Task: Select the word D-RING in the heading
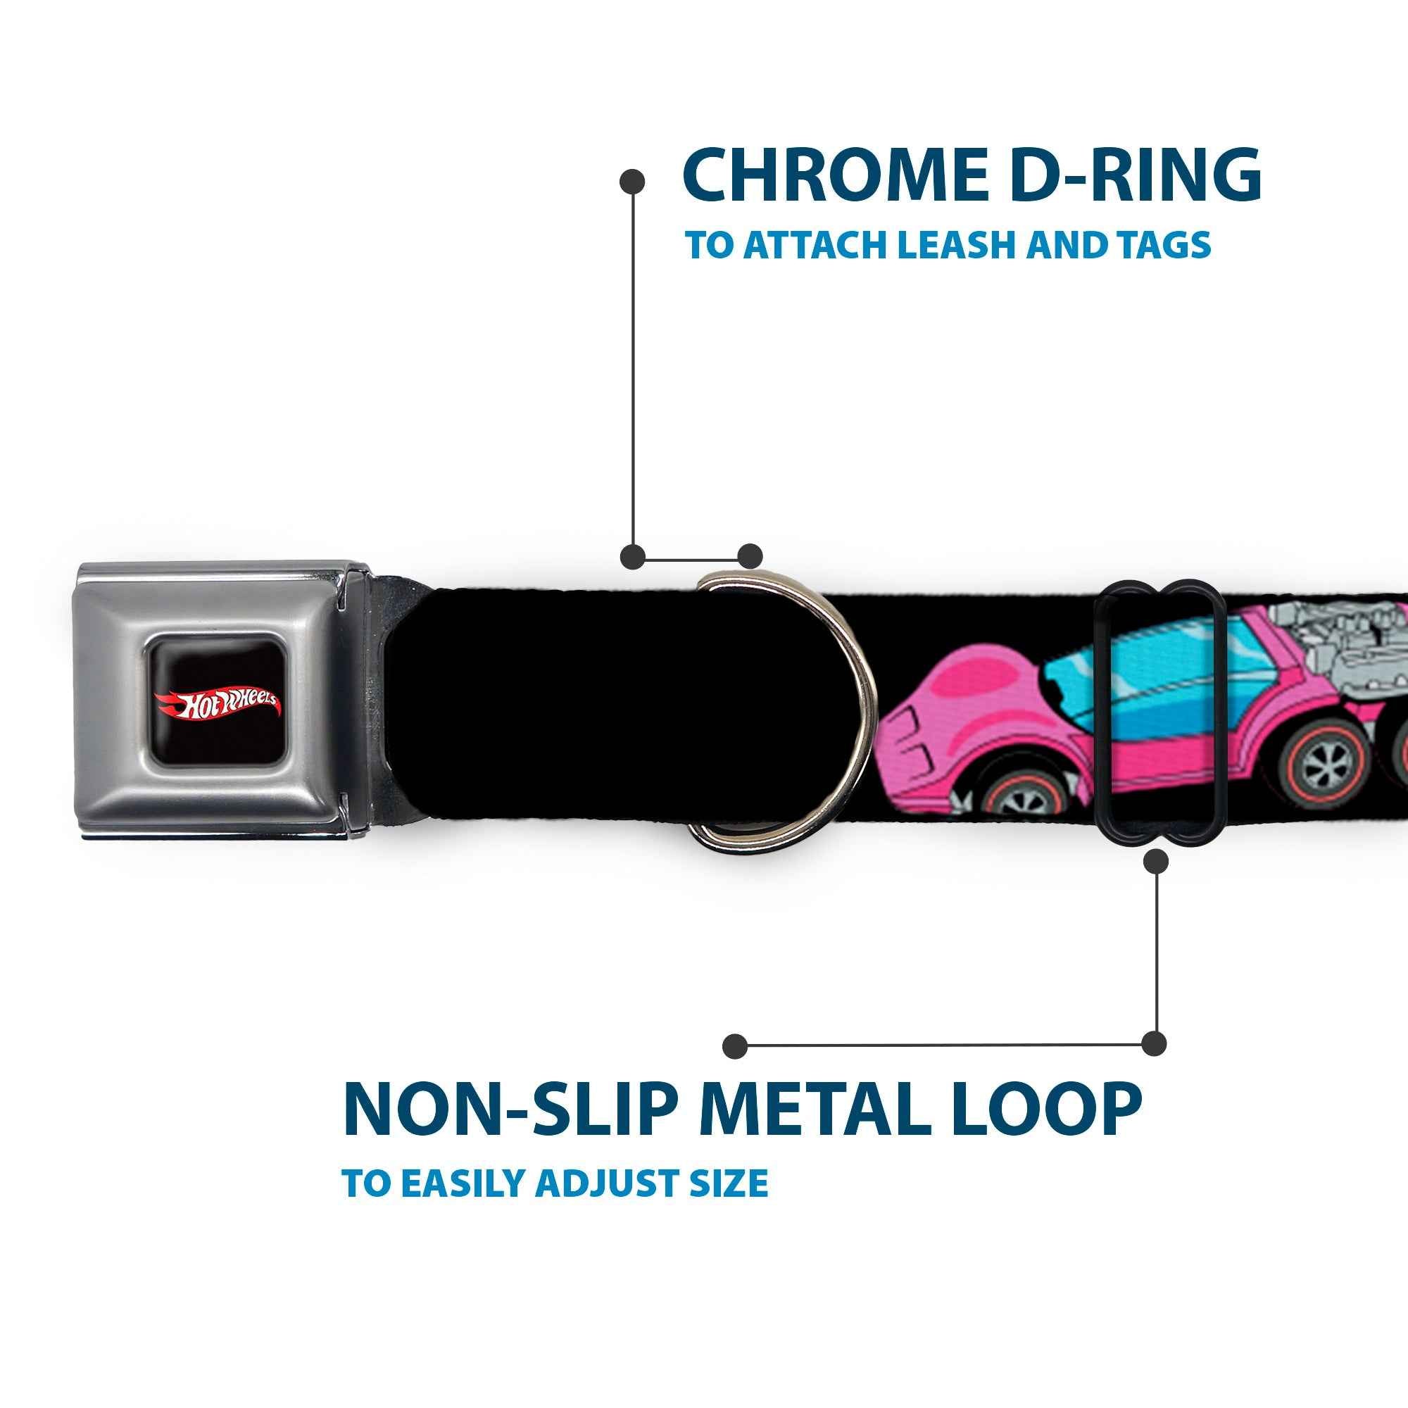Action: point(1137,177)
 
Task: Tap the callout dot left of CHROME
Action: point(632,182)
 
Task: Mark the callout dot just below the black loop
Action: point(1157,862)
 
